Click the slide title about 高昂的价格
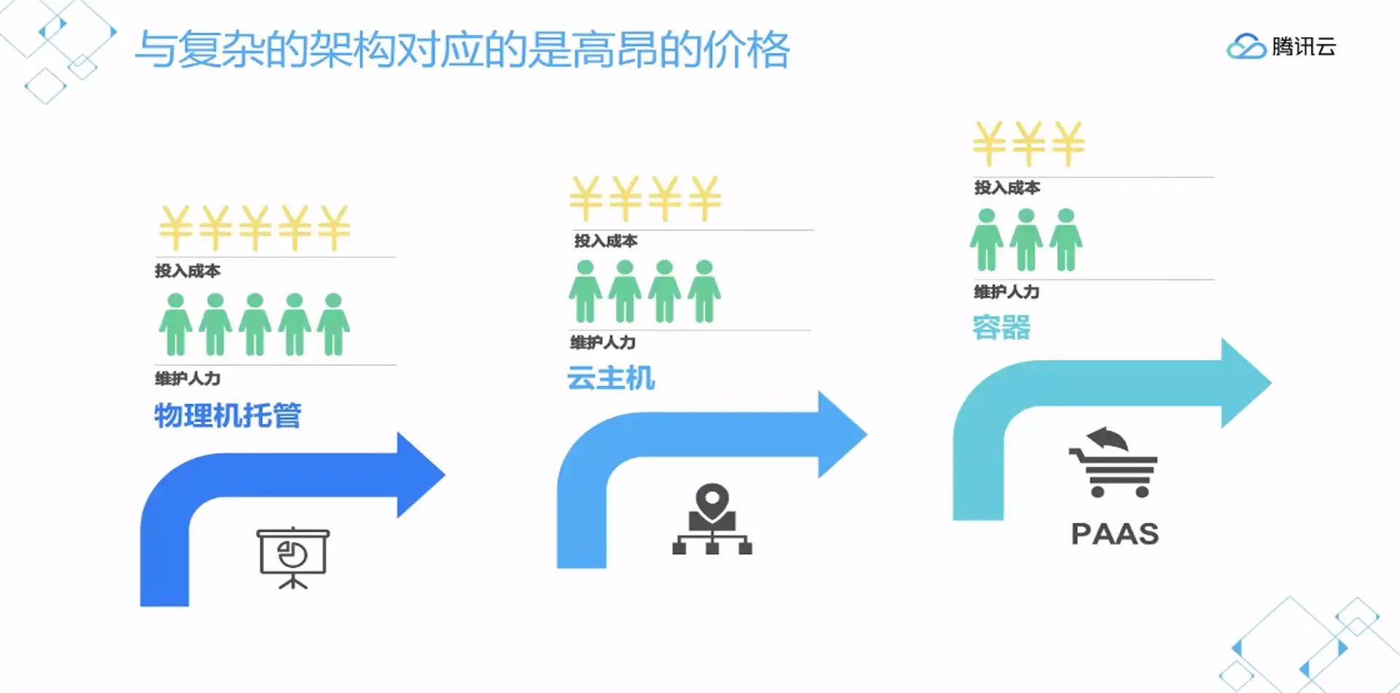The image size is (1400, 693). coord(462,50)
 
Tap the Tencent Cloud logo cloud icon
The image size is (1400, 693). coord(1246,47)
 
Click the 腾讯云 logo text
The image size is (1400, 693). coord(1304,47)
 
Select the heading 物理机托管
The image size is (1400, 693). coord(227,415)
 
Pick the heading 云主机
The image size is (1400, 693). coord(610,378)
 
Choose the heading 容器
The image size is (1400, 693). coord(1001,328)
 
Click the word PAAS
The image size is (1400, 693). coord(1115,534)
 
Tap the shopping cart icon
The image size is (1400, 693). coord(1113,463)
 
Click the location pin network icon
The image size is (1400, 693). coord(712,519)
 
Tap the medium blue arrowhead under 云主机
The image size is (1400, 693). coord(841,434)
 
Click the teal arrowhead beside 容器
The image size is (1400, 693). coord(1245,383)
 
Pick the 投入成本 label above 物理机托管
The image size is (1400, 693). coord(187,271)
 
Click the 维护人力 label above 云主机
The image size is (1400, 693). coord(603,342)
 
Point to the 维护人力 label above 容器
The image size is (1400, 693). coord(1007,292)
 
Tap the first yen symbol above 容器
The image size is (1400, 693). coord(989,144)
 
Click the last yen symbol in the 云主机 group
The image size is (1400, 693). coord(704,198)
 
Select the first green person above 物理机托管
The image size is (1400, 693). coord(176,324)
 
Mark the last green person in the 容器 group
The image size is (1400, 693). coord(1066,240)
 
